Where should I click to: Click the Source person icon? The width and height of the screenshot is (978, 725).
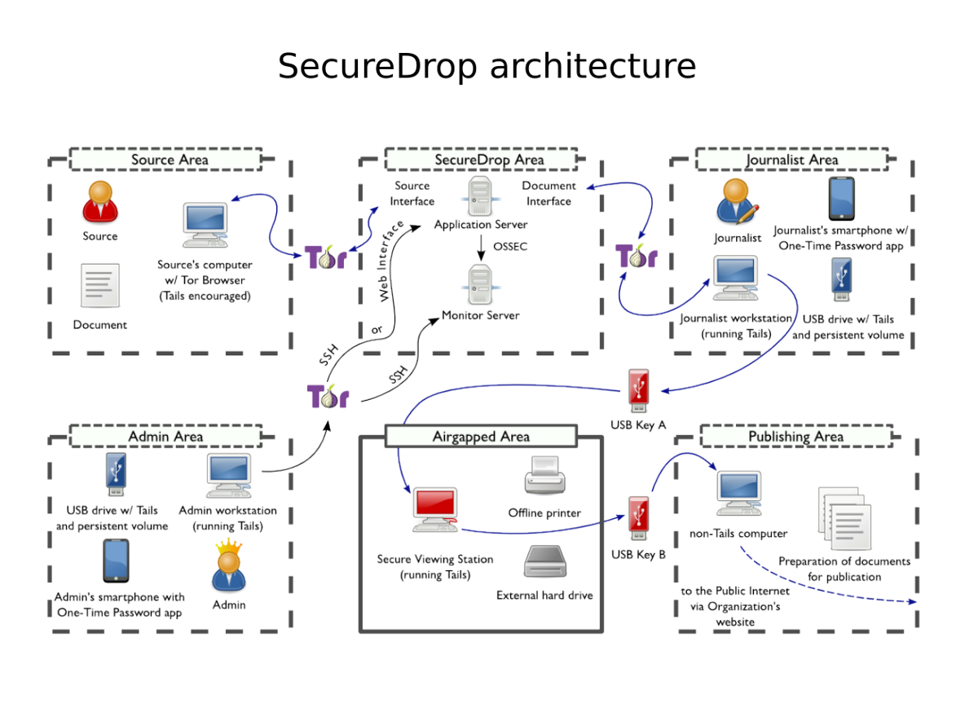point(99,201)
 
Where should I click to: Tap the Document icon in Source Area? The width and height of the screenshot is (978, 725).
point(99,286)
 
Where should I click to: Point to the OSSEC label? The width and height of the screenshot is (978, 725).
point(511,246)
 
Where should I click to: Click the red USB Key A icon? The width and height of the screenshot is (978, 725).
point(638,390)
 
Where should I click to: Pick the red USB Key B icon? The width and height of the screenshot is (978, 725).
point(638,519)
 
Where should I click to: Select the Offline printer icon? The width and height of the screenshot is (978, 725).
point(544,477)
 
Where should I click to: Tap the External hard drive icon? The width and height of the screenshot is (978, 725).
point(544,562)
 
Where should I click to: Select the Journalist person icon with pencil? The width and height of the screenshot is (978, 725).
point(738,201)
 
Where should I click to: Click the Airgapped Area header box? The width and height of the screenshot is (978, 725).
point(481,437)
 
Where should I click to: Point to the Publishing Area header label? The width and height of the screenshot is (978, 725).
point(795,437)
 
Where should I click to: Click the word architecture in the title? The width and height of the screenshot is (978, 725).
point(593,66)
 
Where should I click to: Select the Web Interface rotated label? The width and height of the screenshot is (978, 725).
point(387,261)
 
